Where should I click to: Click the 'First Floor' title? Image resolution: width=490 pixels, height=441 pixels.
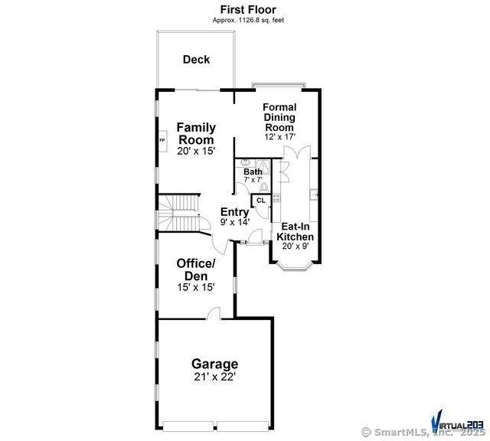247,9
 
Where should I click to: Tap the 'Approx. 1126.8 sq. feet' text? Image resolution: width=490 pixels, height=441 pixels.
247,20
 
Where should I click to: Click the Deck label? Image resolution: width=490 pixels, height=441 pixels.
196,60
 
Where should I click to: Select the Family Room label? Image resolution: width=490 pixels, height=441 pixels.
196,133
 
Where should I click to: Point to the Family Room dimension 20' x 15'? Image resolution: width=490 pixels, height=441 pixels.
196,151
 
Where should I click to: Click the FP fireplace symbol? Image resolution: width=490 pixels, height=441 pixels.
162,141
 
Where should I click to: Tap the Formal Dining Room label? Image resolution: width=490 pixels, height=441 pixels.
279,117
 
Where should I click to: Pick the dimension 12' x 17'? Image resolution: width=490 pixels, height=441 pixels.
279,136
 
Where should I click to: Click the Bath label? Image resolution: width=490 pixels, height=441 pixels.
253,171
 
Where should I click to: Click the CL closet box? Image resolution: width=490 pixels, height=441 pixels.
260,201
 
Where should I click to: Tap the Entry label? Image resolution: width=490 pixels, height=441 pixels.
234,212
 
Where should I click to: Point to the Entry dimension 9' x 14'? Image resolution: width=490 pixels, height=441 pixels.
235,222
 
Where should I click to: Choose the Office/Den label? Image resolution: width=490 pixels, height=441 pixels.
196,269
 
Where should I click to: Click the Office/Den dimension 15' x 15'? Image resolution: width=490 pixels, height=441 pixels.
196,287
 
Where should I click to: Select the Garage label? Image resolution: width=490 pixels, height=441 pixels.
214,364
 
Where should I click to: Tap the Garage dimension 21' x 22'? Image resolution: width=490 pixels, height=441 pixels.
214,377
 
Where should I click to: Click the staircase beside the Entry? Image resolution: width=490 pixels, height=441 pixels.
177,214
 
